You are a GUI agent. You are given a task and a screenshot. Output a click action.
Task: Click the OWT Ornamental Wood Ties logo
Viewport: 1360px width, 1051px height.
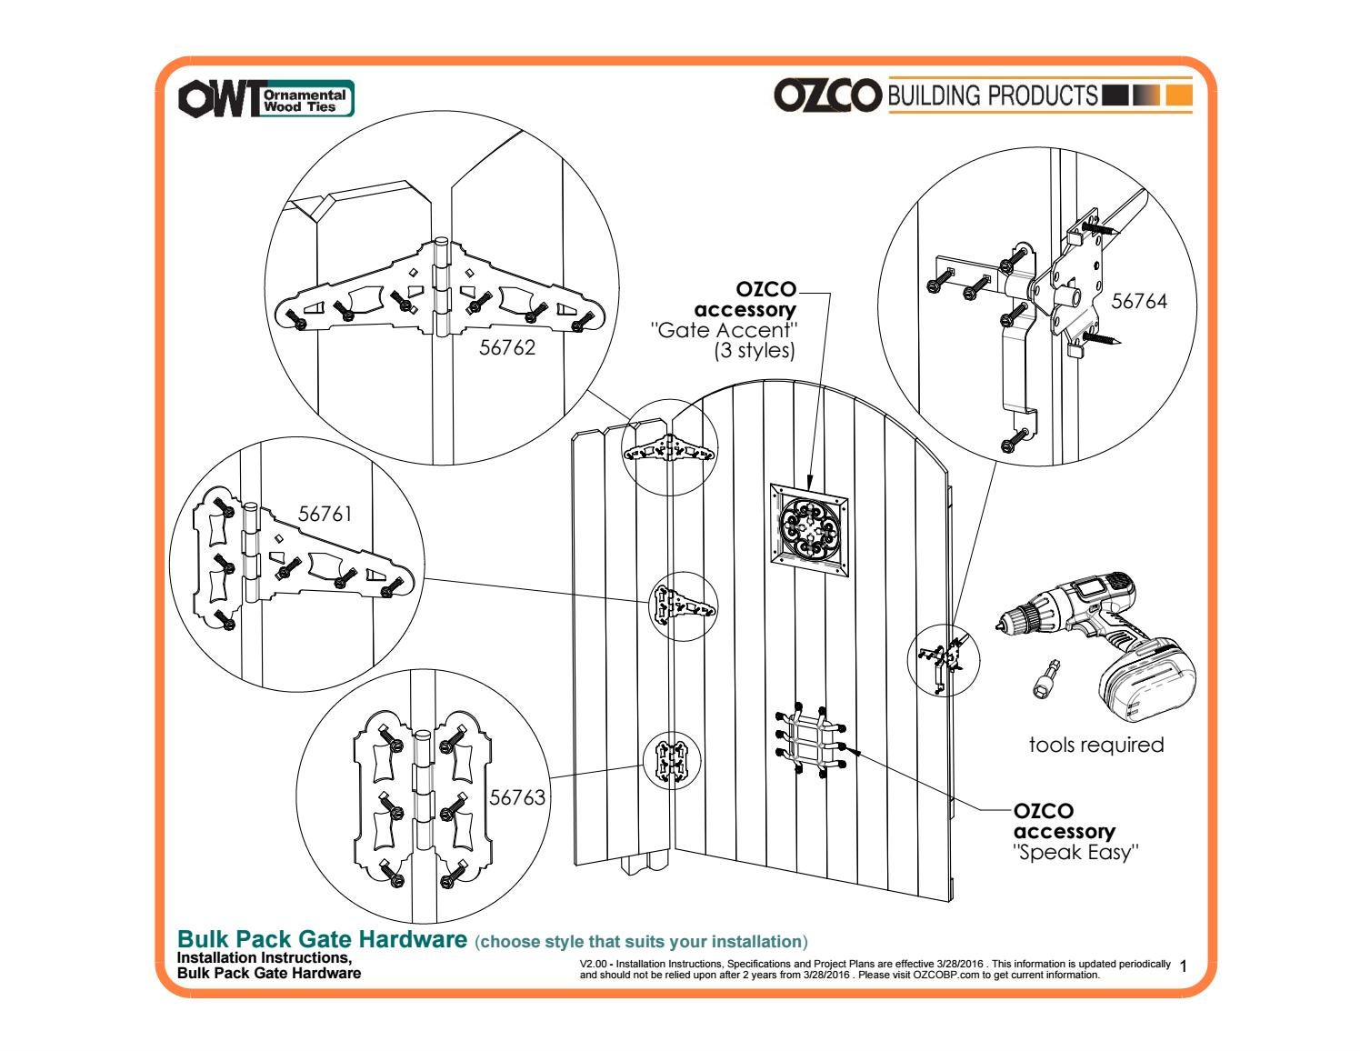point(265,99)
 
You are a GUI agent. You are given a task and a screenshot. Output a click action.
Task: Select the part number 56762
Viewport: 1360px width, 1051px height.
point(507,348)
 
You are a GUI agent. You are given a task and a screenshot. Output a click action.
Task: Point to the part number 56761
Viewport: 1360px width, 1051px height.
point(325,514)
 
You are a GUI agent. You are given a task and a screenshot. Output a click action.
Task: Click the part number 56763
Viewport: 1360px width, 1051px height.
point(517,797)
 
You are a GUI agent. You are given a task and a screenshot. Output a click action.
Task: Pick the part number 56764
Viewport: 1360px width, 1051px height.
point(1139,301)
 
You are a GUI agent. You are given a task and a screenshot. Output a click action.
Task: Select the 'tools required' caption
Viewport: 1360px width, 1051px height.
point(1095,745)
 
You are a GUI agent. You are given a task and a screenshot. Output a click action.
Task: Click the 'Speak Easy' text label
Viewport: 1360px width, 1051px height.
point(1075,853)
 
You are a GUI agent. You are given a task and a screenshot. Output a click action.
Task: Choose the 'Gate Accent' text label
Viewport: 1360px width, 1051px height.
point(725,330)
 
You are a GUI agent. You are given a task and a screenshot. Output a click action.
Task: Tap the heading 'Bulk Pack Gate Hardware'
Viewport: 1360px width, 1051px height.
point(322,939)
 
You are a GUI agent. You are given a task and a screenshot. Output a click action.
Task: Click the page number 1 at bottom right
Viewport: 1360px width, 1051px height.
point(1182,966)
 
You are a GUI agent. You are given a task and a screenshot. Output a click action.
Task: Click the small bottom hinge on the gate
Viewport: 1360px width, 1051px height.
point(672,760)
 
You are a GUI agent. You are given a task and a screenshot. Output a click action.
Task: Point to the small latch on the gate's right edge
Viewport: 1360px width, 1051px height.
point(940,662)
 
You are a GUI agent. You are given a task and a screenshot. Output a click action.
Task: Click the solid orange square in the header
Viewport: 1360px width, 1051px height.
point(1178,95)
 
